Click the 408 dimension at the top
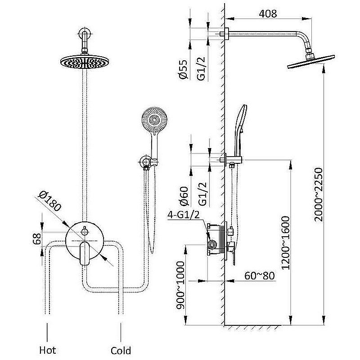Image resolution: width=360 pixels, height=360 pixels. pyautogui.click(x=268, y=13)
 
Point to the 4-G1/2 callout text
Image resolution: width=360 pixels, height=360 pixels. pyautogui.click(x=184, y=215)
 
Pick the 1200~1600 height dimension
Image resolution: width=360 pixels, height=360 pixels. pyautogui.click(x=285, y=243)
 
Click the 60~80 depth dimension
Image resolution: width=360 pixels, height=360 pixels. pyautogui.click(x=260, y=275)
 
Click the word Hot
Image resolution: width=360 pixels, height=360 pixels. pyautogui.click(x=48, y=350)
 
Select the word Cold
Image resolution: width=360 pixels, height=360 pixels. pyautogui.click(x=121, y=350)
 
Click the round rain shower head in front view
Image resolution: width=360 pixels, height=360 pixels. pyautogui.click(x=83, y=62)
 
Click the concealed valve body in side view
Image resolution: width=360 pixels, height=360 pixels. pyautogui.click(x=217, y=239)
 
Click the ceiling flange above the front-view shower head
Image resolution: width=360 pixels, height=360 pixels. pyautogui.click(x=85, y=33)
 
